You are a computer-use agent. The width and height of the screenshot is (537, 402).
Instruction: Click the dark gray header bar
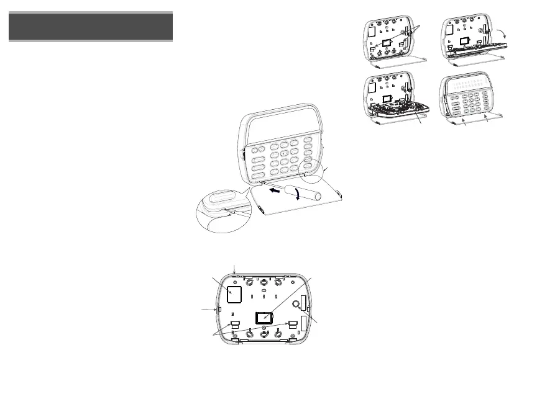click(x=91, y=27)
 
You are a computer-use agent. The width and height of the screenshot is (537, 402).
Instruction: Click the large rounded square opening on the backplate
click(x=234, y=294)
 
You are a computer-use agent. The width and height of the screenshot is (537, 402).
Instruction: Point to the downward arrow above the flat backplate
click(x=234, y=267)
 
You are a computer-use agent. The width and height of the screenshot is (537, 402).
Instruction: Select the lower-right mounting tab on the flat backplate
click(x=291, y=324)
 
